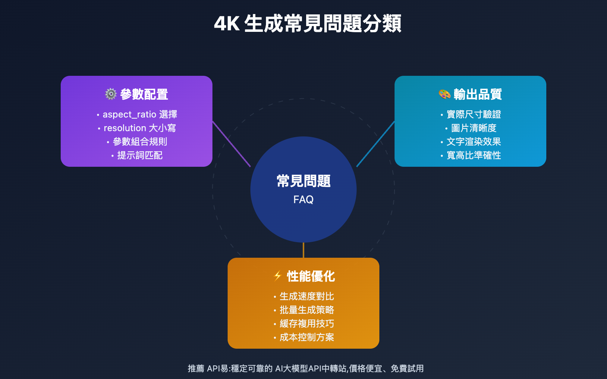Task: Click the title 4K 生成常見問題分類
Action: tap(307, 23)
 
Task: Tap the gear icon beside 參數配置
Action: tap(111, 94)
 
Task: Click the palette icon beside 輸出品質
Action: tap(445, 94)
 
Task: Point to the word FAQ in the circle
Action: tap(303, 200)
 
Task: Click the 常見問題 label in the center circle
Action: tap(303, 181)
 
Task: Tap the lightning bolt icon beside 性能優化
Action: tap(278, 276)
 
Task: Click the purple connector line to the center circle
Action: tap(231, 144)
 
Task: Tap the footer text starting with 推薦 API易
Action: tap(305, 368)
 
